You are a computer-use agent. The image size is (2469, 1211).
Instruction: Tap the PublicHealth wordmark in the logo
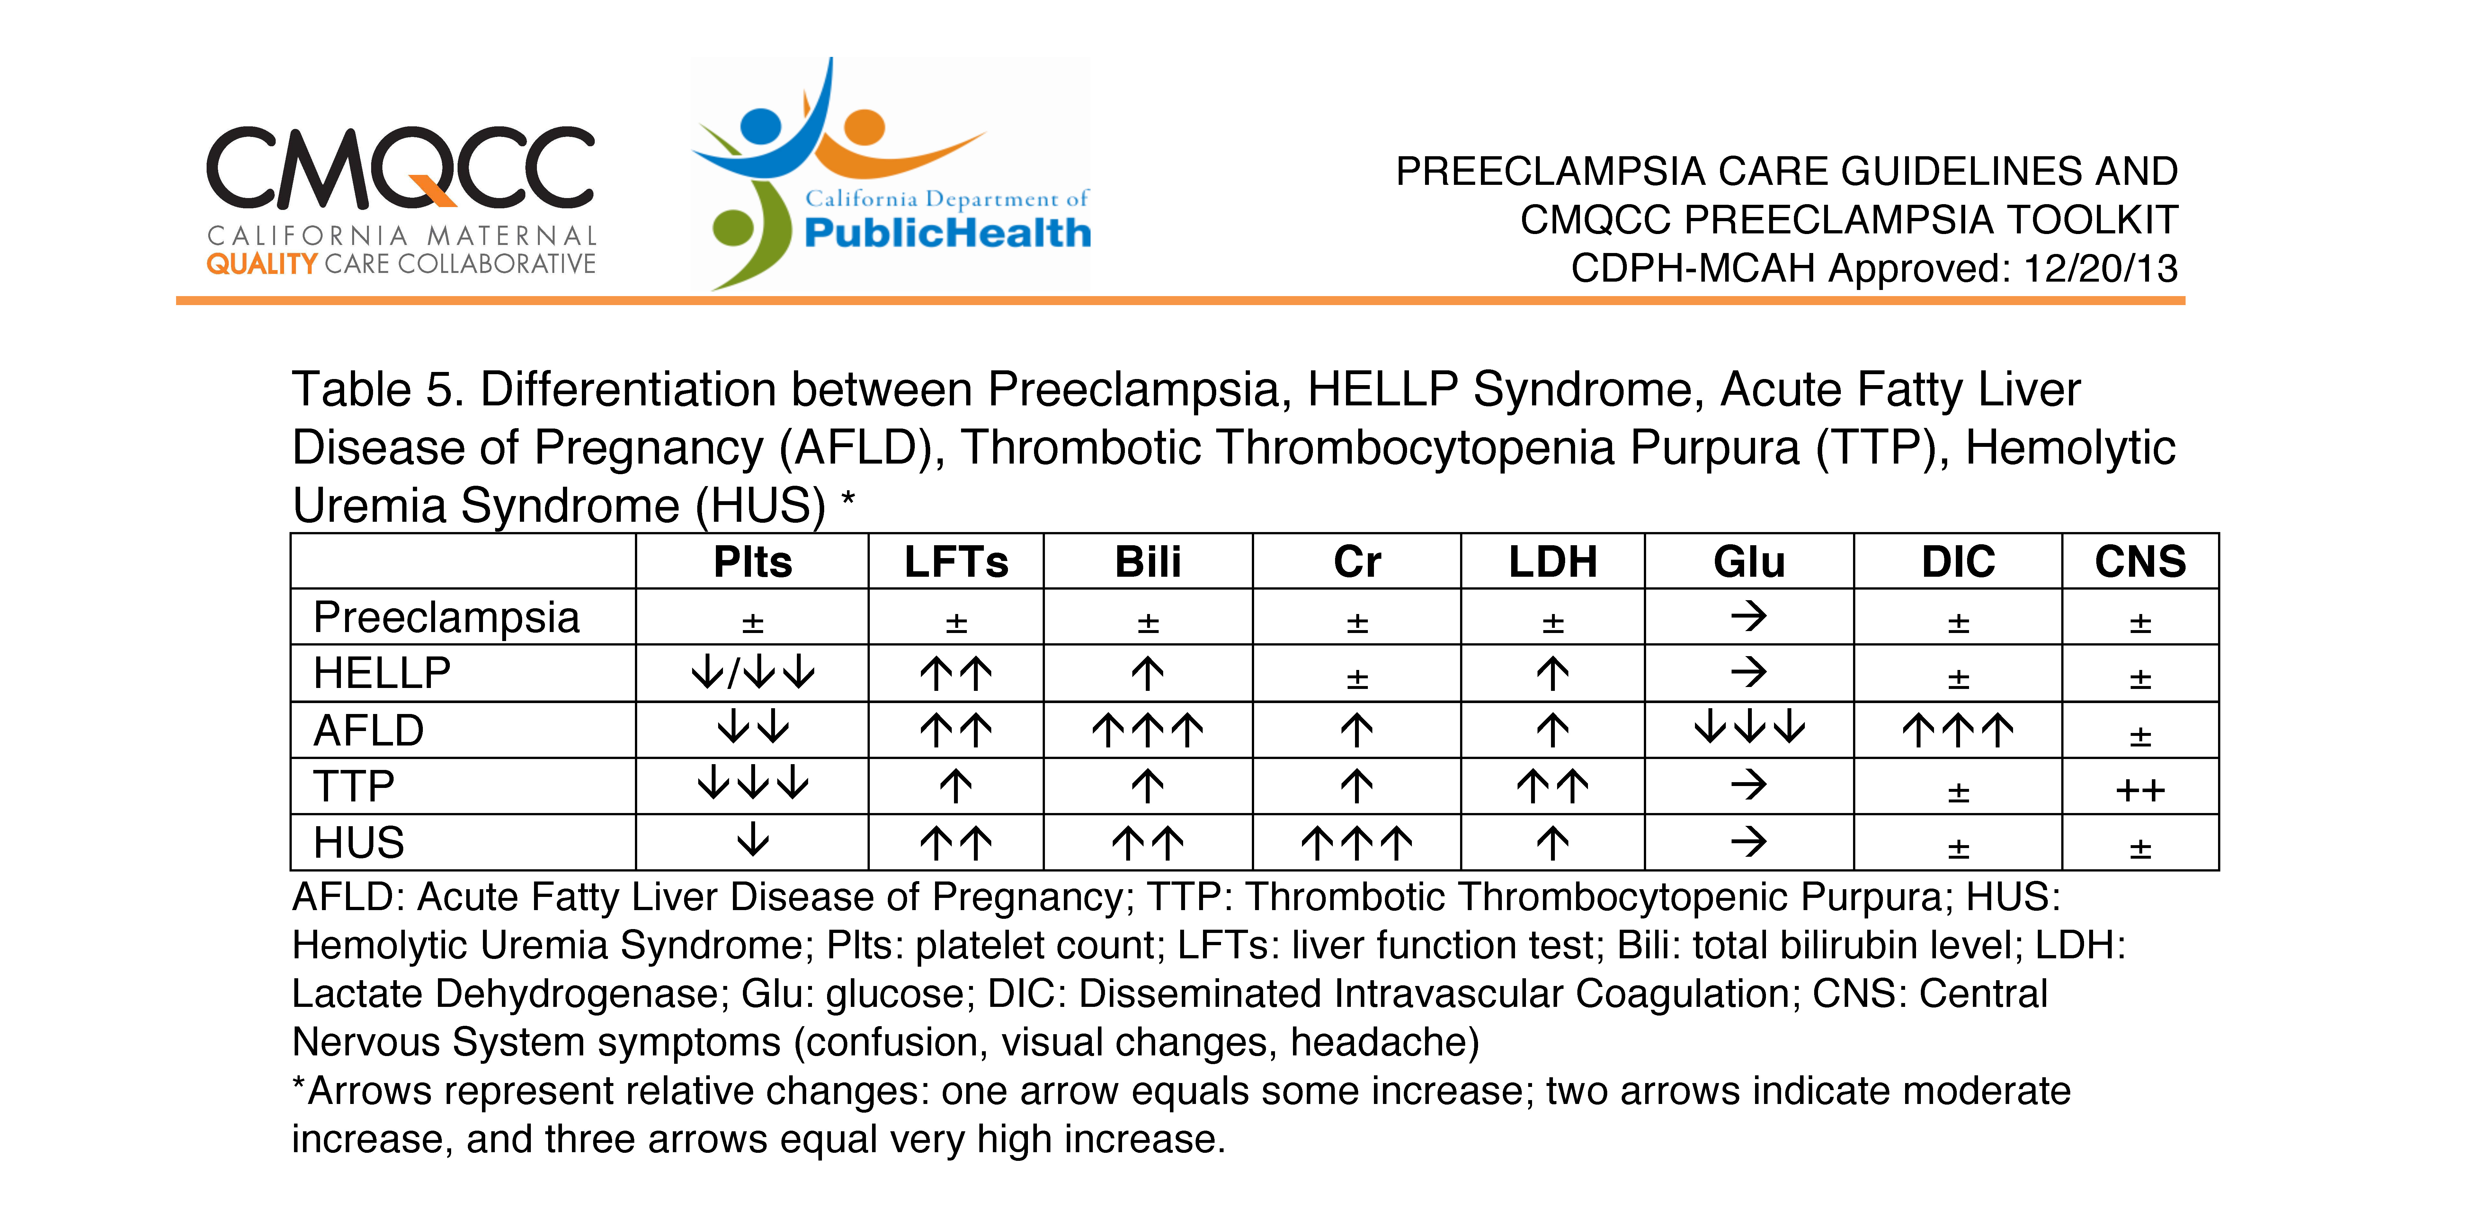coord(947,233)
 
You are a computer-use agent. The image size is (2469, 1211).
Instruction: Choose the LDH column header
coord(1553,562)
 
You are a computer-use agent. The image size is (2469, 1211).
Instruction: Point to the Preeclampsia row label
coord(447,618)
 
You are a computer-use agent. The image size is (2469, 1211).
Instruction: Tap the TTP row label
coord(354,786)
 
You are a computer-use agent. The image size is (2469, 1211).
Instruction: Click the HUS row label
coord(359,843)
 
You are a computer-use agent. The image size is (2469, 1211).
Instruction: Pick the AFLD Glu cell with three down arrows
coord(1749,728)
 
